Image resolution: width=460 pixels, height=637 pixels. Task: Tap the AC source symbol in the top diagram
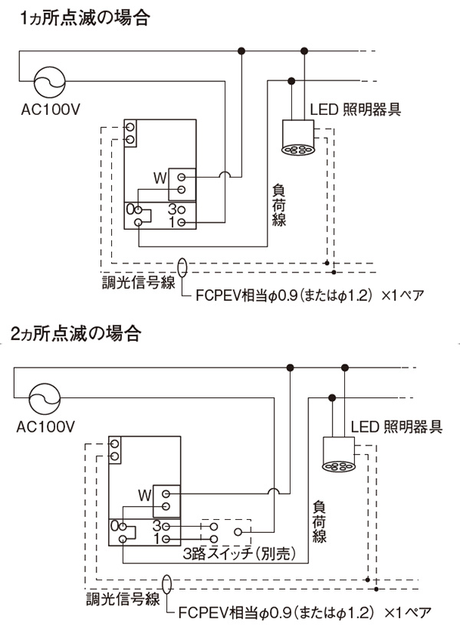pos(48,80)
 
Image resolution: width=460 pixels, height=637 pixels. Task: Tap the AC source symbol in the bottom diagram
pos(44,400)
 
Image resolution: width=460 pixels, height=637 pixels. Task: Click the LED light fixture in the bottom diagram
pos(337,456)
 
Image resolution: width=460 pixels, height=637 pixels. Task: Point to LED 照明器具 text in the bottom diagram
pos(396,426)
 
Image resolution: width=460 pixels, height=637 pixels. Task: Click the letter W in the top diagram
pos(159,178)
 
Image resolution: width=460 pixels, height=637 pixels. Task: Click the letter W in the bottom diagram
pos(144,494)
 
